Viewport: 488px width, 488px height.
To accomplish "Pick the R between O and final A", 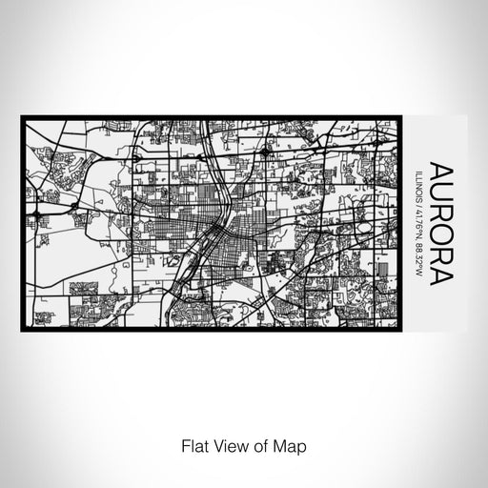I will pos(442,258).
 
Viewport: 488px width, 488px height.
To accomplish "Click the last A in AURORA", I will pos(442,278).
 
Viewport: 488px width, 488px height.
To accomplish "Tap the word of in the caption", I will pos(259,444).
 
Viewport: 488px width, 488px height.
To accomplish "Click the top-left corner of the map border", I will pos(23,118).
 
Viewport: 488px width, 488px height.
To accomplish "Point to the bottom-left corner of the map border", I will pos(23,329).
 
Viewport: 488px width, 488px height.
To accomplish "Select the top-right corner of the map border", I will pos(400,118).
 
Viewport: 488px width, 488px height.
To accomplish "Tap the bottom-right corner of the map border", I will pos(400,329).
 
